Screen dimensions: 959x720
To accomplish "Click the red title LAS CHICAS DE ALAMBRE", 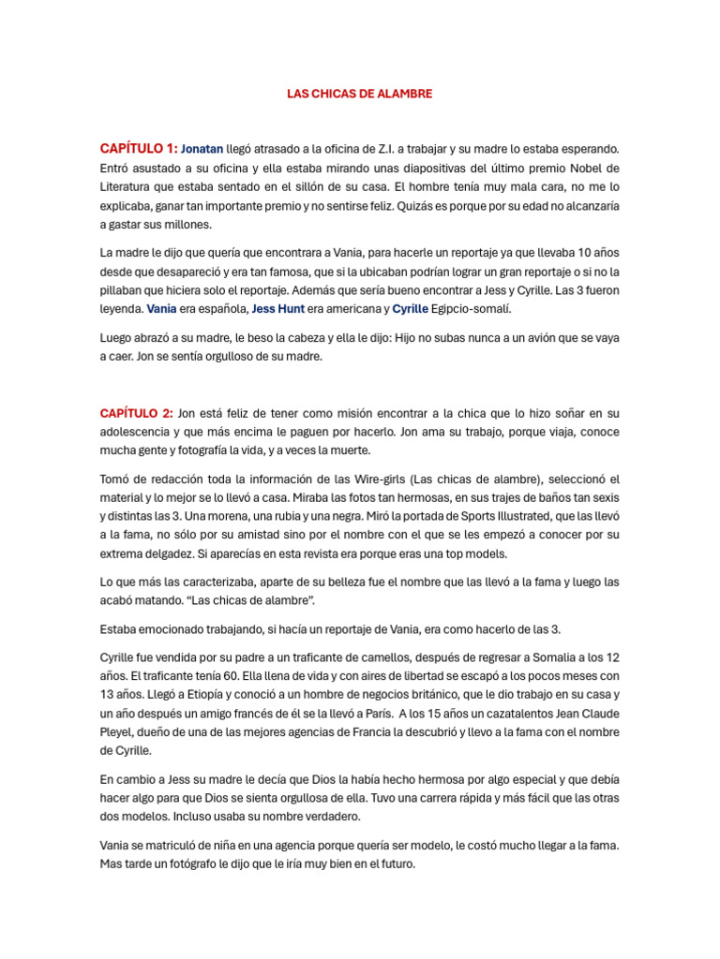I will point(359,95).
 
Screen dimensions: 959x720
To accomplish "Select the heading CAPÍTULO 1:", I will point(138,148).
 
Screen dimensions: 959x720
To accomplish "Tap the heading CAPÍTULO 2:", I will point(136,413).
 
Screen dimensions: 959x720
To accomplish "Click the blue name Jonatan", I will point(202,149).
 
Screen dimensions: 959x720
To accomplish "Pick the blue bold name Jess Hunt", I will point(278,308).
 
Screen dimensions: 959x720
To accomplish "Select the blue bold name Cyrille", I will point(410,308).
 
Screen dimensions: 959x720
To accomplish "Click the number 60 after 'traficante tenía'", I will point(225,675).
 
